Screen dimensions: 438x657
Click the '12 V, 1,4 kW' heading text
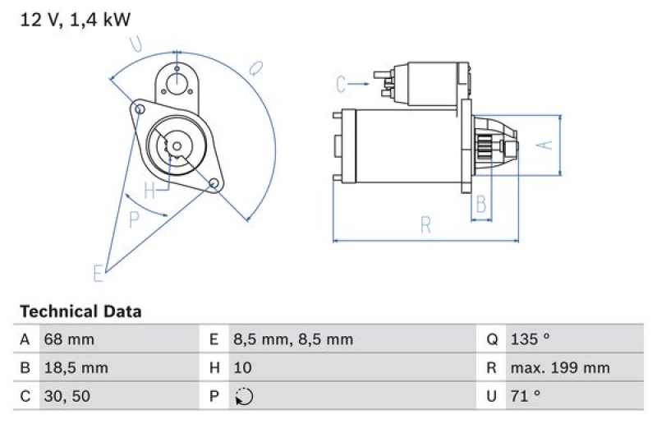pyautogui.click(x=75, y=21)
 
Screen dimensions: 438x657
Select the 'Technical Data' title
pyautogui.click(x=80, y=311)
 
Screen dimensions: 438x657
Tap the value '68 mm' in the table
pyautogui.click(x=69, y=339)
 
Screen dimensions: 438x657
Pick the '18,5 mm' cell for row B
pyautogui.click(x=75, y=367)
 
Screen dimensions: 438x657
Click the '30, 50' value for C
pyautogui.click(x=67, y=396)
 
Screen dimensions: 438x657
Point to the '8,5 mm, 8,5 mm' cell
pyautogui.click(x=293, y=339)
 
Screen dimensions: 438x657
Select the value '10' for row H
pyautogui.click(x=242, y=367)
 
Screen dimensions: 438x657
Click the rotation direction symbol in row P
pyautogui.click(x=244, y=396)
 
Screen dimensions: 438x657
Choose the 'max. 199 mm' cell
pyautogui.click(x=559, y=367)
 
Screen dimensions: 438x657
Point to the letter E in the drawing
pyautogui.click(x=98, y=273)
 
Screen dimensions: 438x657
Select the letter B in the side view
pyautogui.click(x=482, y=203)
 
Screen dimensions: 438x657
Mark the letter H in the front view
pyautogui.click(x=149, y=191)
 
